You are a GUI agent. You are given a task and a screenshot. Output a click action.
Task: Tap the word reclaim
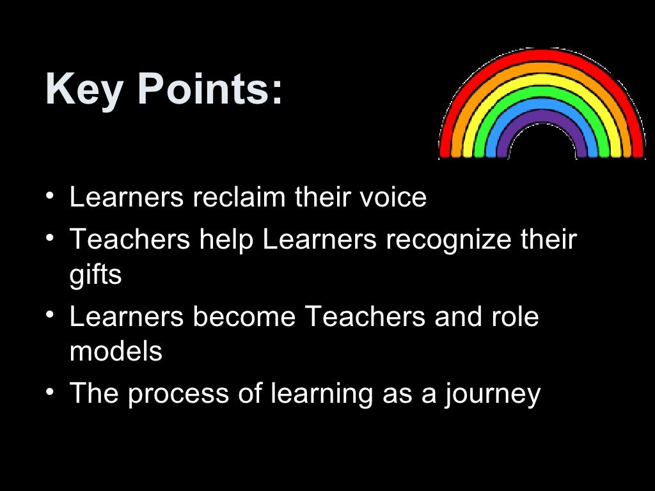tap(239, 197)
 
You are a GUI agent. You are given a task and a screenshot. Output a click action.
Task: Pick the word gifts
tap(95, 276)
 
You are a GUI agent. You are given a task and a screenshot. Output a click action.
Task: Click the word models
tap(116, 352)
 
